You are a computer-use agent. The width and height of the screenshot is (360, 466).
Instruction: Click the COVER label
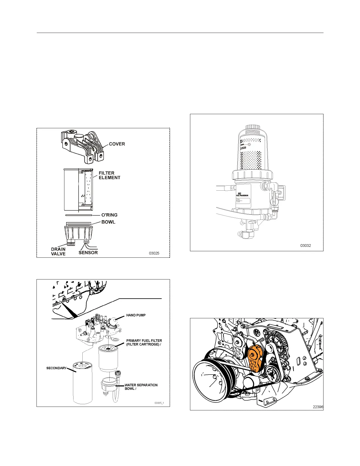[x=117, y=144]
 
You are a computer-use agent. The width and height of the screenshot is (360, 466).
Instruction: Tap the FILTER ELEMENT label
[x=109, y=175]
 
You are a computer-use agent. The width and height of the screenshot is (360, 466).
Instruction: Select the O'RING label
[x=109, y=215]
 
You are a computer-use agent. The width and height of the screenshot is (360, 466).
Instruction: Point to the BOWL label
[x=108, y=222]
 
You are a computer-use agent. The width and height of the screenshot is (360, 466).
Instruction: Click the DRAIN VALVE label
[x=58, y=252]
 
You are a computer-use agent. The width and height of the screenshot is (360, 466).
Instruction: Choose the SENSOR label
[x=88, y=252]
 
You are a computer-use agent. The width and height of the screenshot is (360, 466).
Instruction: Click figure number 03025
[x=154, y=253]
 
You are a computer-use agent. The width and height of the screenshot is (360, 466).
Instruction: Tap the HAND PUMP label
[x=136, y=315]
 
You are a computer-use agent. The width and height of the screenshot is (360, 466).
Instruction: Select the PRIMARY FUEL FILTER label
[x=144, y=342]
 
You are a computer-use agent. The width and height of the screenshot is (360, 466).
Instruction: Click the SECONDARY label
[x=56, y=368]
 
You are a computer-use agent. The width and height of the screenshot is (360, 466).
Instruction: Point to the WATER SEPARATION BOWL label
[x=141, y=387]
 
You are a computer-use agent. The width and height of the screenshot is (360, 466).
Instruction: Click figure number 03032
[x=306, y=245]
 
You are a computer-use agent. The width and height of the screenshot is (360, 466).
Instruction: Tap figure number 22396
[x=318, y=407]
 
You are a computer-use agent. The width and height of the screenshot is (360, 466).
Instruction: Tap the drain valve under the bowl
[x=71, y=243]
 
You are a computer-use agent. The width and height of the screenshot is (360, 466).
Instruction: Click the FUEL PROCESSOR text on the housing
[x=242, y=195]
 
